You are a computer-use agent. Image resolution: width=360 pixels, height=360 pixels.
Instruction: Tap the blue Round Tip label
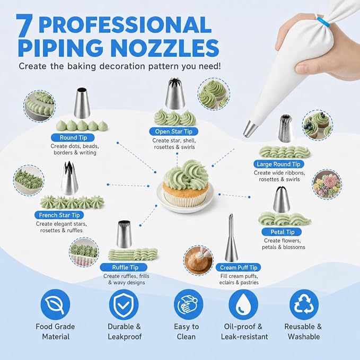tap(73, 137)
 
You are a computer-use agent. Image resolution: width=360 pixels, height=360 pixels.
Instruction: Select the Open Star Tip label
tap(173, 131)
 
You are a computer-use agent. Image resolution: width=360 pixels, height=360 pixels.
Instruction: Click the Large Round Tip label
tap(279, 164)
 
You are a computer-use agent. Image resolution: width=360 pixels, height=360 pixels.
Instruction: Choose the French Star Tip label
tap(59, 215)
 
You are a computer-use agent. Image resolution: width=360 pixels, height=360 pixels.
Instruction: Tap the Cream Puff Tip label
tap(238, 267)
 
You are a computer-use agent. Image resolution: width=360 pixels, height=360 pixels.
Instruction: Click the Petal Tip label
tap(282, 232)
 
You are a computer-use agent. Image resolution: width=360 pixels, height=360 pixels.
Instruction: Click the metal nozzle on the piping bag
tap(250, 129)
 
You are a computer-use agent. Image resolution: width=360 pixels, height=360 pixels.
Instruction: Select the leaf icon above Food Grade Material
tap(55, 304)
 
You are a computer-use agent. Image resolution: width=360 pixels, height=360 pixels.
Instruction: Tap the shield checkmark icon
tap(124, 304)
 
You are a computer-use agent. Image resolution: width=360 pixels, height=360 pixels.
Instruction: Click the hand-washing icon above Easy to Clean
tap(189, 304)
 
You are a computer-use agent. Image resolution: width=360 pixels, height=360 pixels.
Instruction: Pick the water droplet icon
tap(243, 304)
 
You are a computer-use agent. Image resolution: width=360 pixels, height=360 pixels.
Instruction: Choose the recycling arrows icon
tap(304, 304)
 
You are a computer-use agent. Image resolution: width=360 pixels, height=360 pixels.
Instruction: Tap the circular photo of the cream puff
tap(199, 260)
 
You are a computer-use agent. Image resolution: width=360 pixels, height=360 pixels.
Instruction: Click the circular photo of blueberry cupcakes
tap(317, 125)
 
